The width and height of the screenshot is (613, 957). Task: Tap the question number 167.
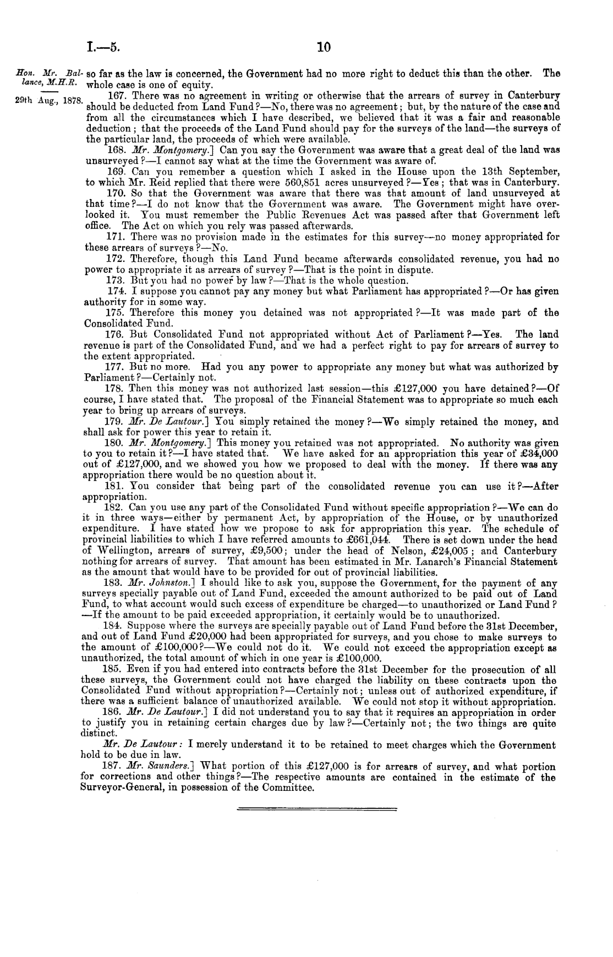119,95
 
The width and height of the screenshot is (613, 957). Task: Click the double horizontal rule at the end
316,809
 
